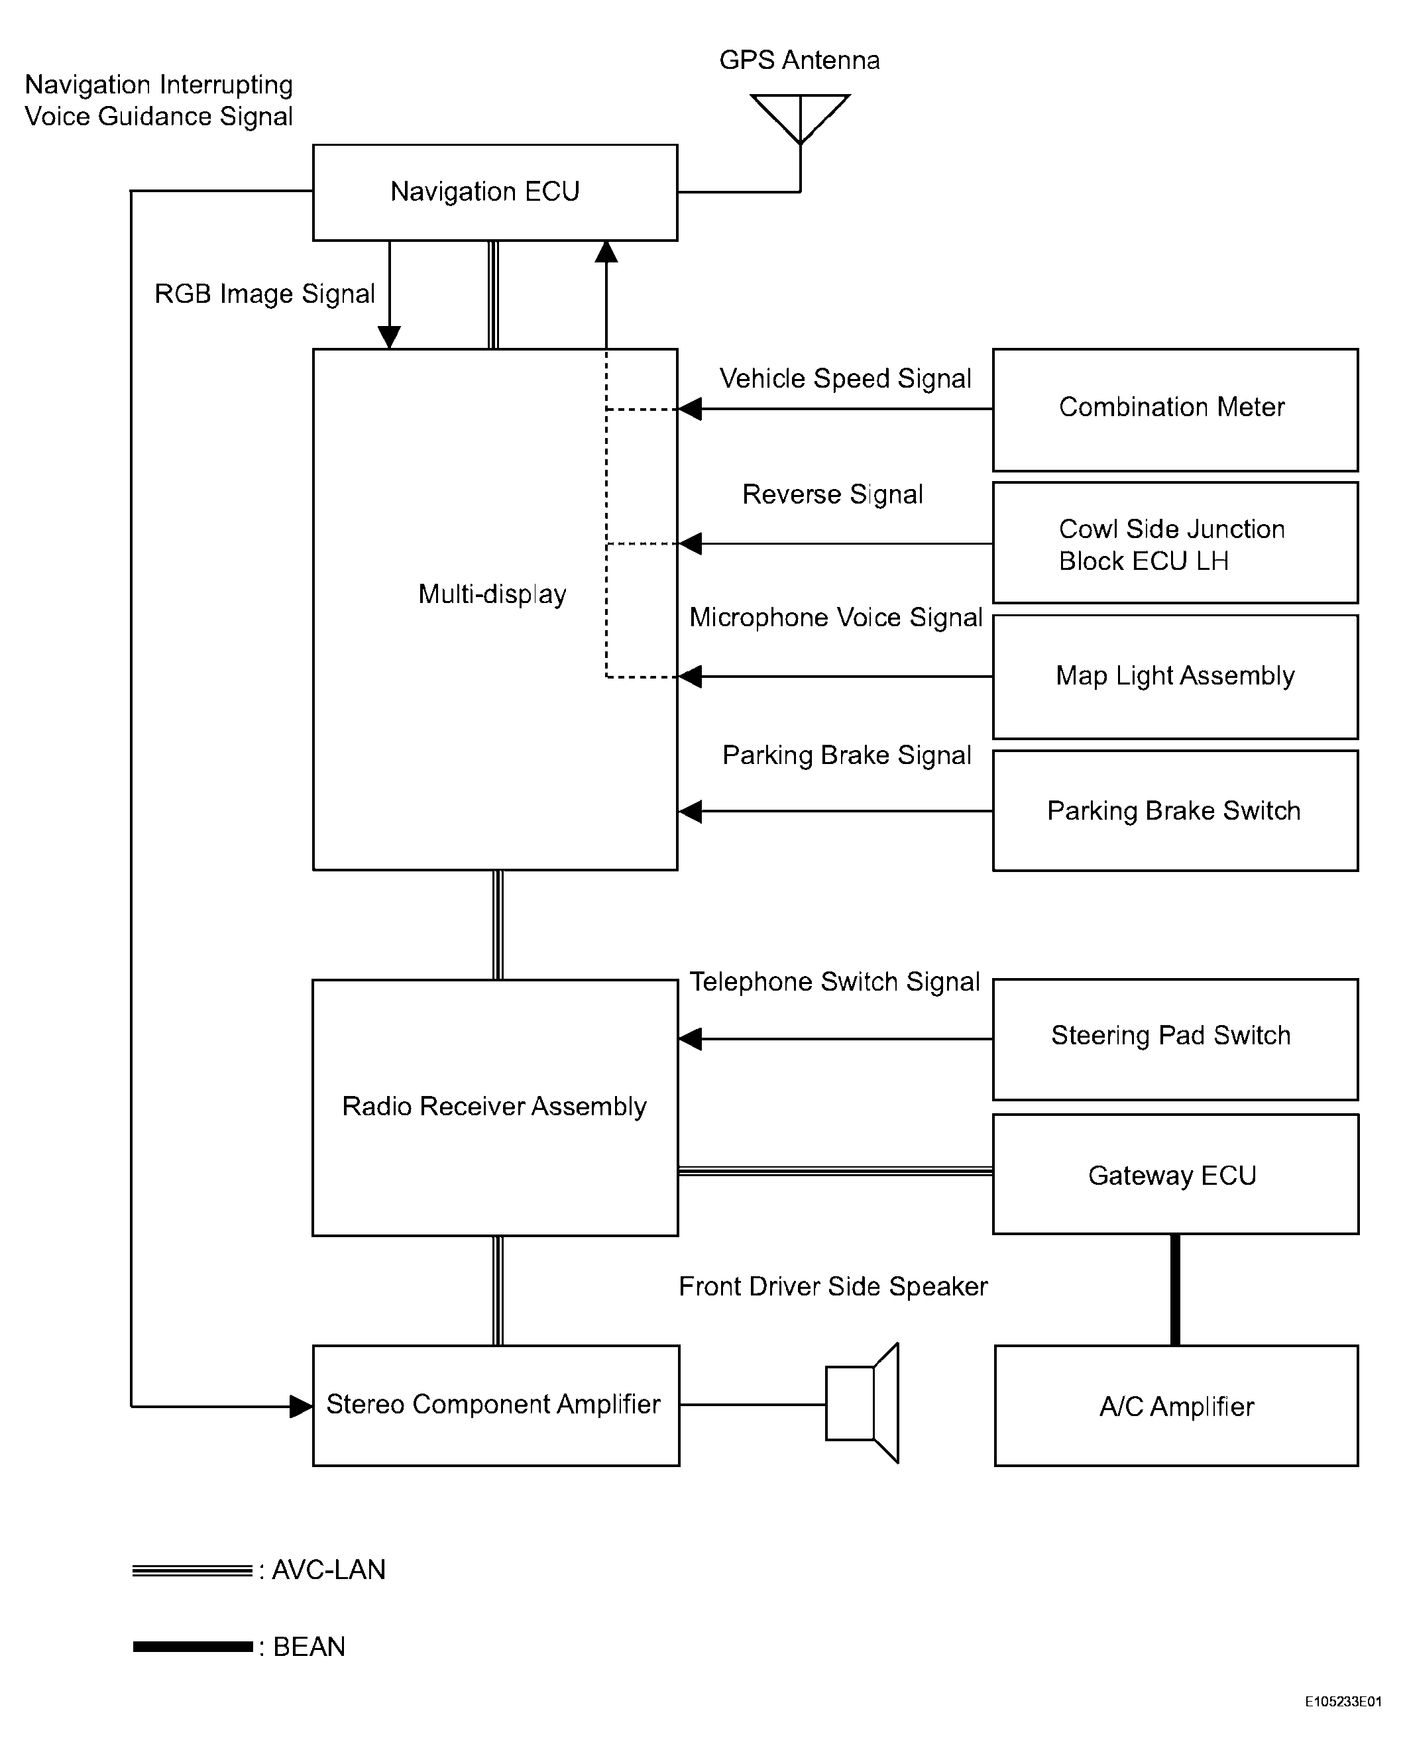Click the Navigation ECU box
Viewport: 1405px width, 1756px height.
(494, 192)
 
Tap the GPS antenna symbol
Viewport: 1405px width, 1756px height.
(800, 117)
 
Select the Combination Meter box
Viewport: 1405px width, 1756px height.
(1174, 410)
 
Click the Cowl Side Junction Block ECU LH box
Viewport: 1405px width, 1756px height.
(1174, 543)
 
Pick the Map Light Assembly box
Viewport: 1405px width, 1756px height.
(1174, 677)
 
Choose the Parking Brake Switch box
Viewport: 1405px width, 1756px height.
(1174, 811)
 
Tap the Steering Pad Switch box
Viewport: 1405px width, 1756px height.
(1174, 1039)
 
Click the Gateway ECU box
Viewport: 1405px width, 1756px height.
(1174, 1174)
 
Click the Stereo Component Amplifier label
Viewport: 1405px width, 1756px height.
(493, 1404)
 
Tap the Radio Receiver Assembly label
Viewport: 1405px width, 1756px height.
(494, 1106)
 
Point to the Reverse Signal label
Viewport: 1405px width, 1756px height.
(832, 494)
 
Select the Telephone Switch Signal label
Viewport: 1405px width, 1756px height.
(834, 981)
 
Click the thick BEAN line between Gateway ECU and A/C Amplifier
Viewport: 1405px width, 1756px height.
(1174, 1290)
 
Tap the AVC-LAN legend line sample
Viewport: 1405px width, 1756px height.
(192, 1570)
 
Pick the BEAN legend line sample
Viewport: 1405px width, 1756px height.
(192, 1647)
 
